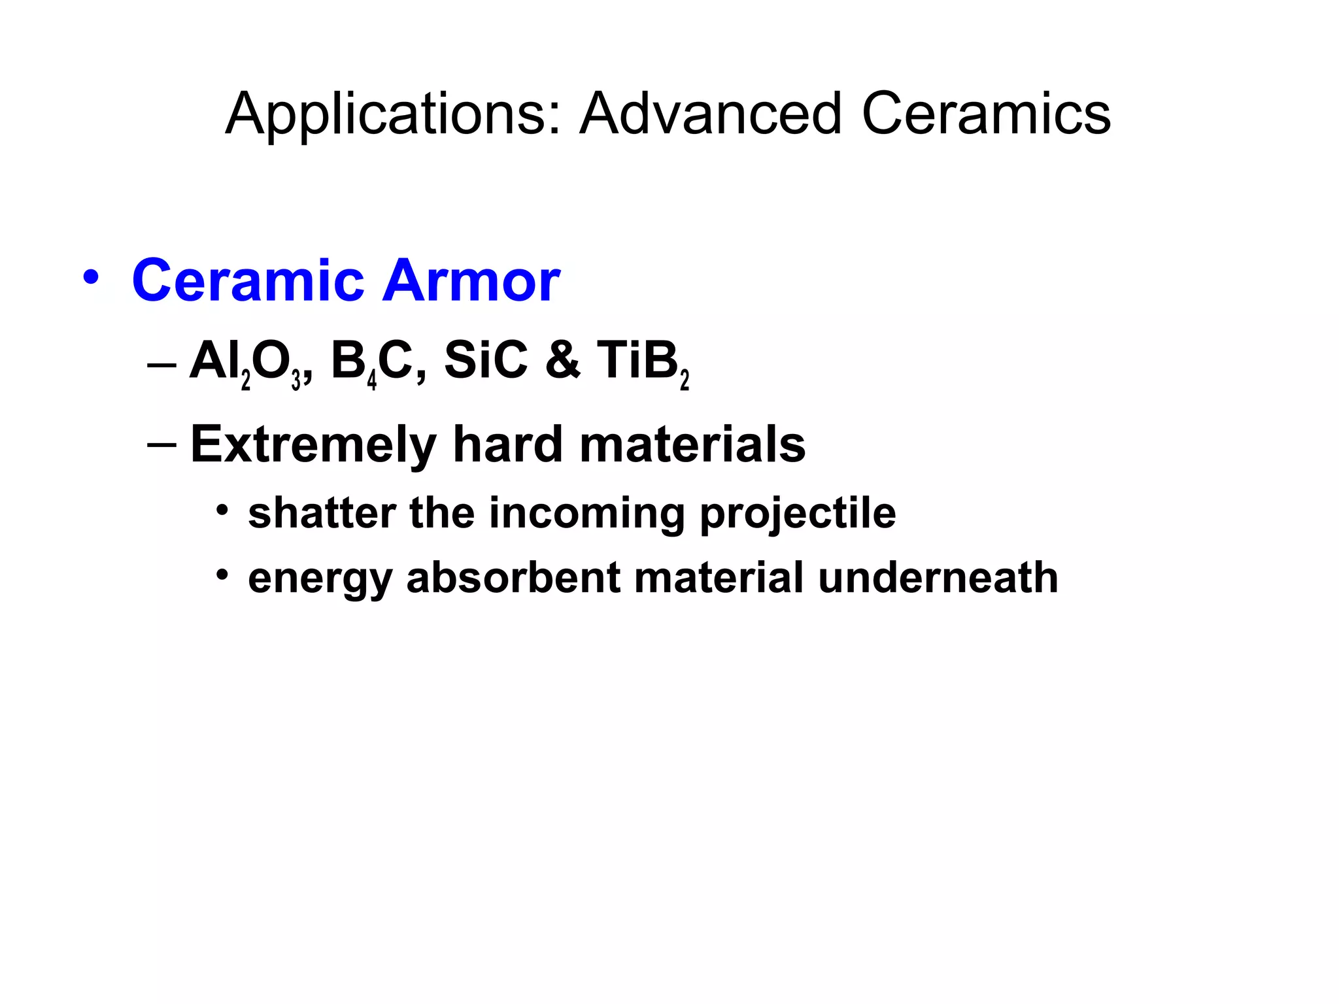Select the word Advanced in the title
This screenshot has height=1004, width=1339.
tap(711, 115)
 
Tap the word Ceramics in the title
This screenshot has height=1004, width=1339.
tap(986, 115)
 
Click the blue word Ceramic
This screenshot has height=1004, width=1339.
tap(248, 281)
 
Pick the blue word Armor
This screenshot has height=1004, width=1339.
tap(471, 281)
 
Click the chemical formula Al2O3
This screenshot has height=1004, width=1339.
tap(246, 363)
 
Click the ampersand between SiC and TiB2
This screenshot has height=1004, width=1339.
tap(562, 361)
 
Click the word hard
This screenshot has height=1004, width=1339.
tap(508, 444)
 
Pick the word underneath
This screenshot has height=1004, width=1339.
tap(938, 578)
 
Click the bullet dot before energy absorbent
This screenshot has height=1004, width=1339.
tap(223, 575)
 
